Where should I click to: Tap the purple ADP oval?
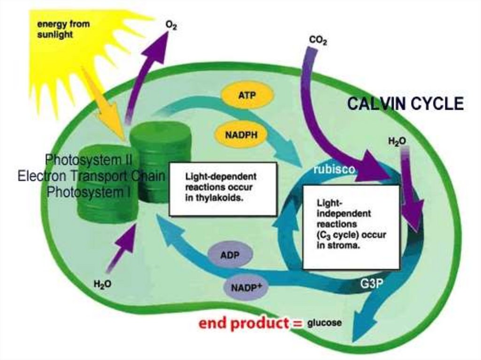230,255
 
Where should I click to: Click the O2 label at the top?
171,24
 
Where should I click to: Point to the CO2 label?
318,41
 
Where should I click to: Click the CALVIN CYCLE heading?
405,104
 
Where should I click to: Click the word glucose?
324,323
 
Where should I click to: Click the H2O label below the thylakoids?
102,285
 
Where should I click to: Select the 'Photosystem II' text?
89,160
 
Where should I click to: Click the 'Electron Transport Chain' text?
92,176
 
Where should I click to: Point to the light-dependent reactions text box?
223,189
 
